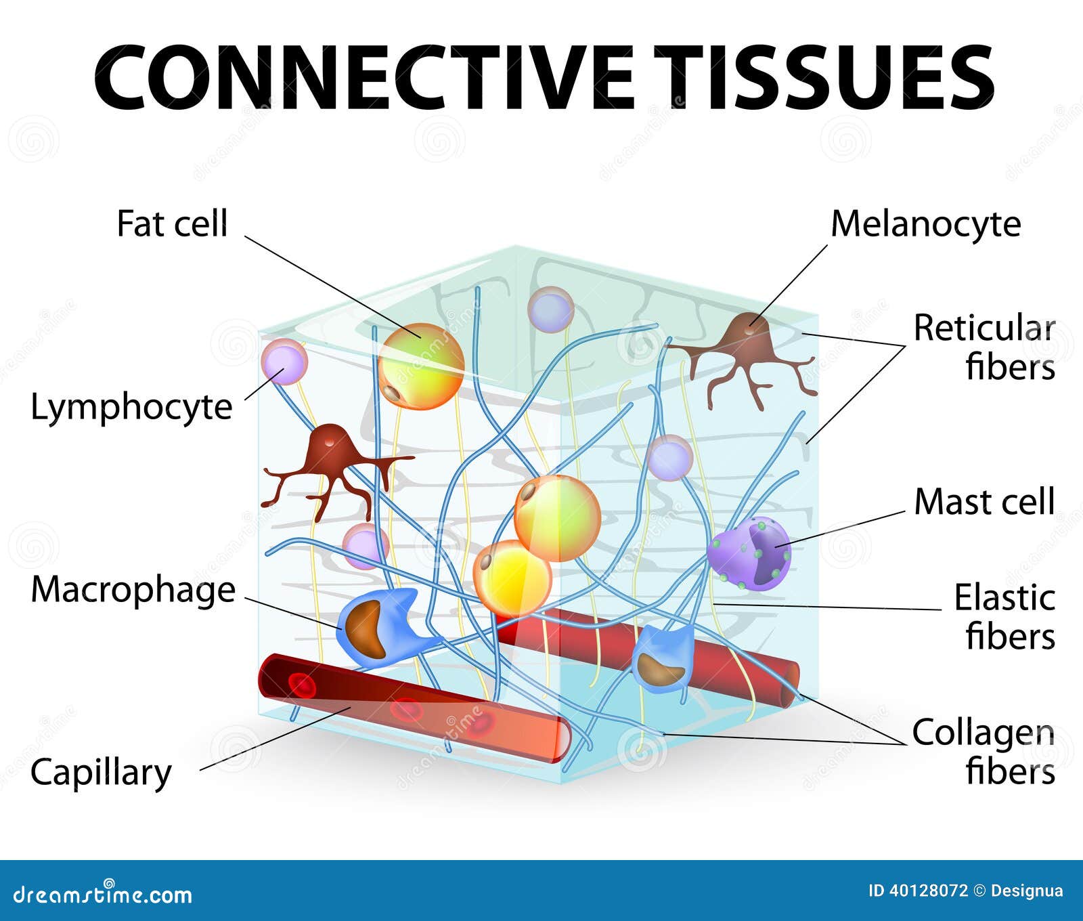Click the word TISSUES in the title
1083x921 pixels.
[x=824, y=76]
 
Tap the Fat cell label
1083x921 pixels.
[x=172, y=223]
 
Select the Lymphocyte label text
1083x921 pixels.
[x=131, y=408]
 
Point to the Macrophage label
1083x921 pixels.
[x=133, y=591]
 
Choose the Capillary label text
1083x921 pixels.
[x=101, y=773]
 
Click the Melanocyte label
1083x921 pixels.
[x=925, y=225]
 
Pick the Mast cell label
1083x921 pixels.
[x=984, y=502]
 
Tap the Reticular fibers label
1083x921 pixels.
[x=984, y=347]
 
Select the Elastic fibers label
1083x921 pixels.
[x=1004, y=617]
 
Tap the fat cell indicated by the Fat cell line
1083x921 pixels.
[x=421, y=366]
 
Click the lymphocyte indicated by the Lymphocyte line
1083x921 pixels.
[x=284, y=362]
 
